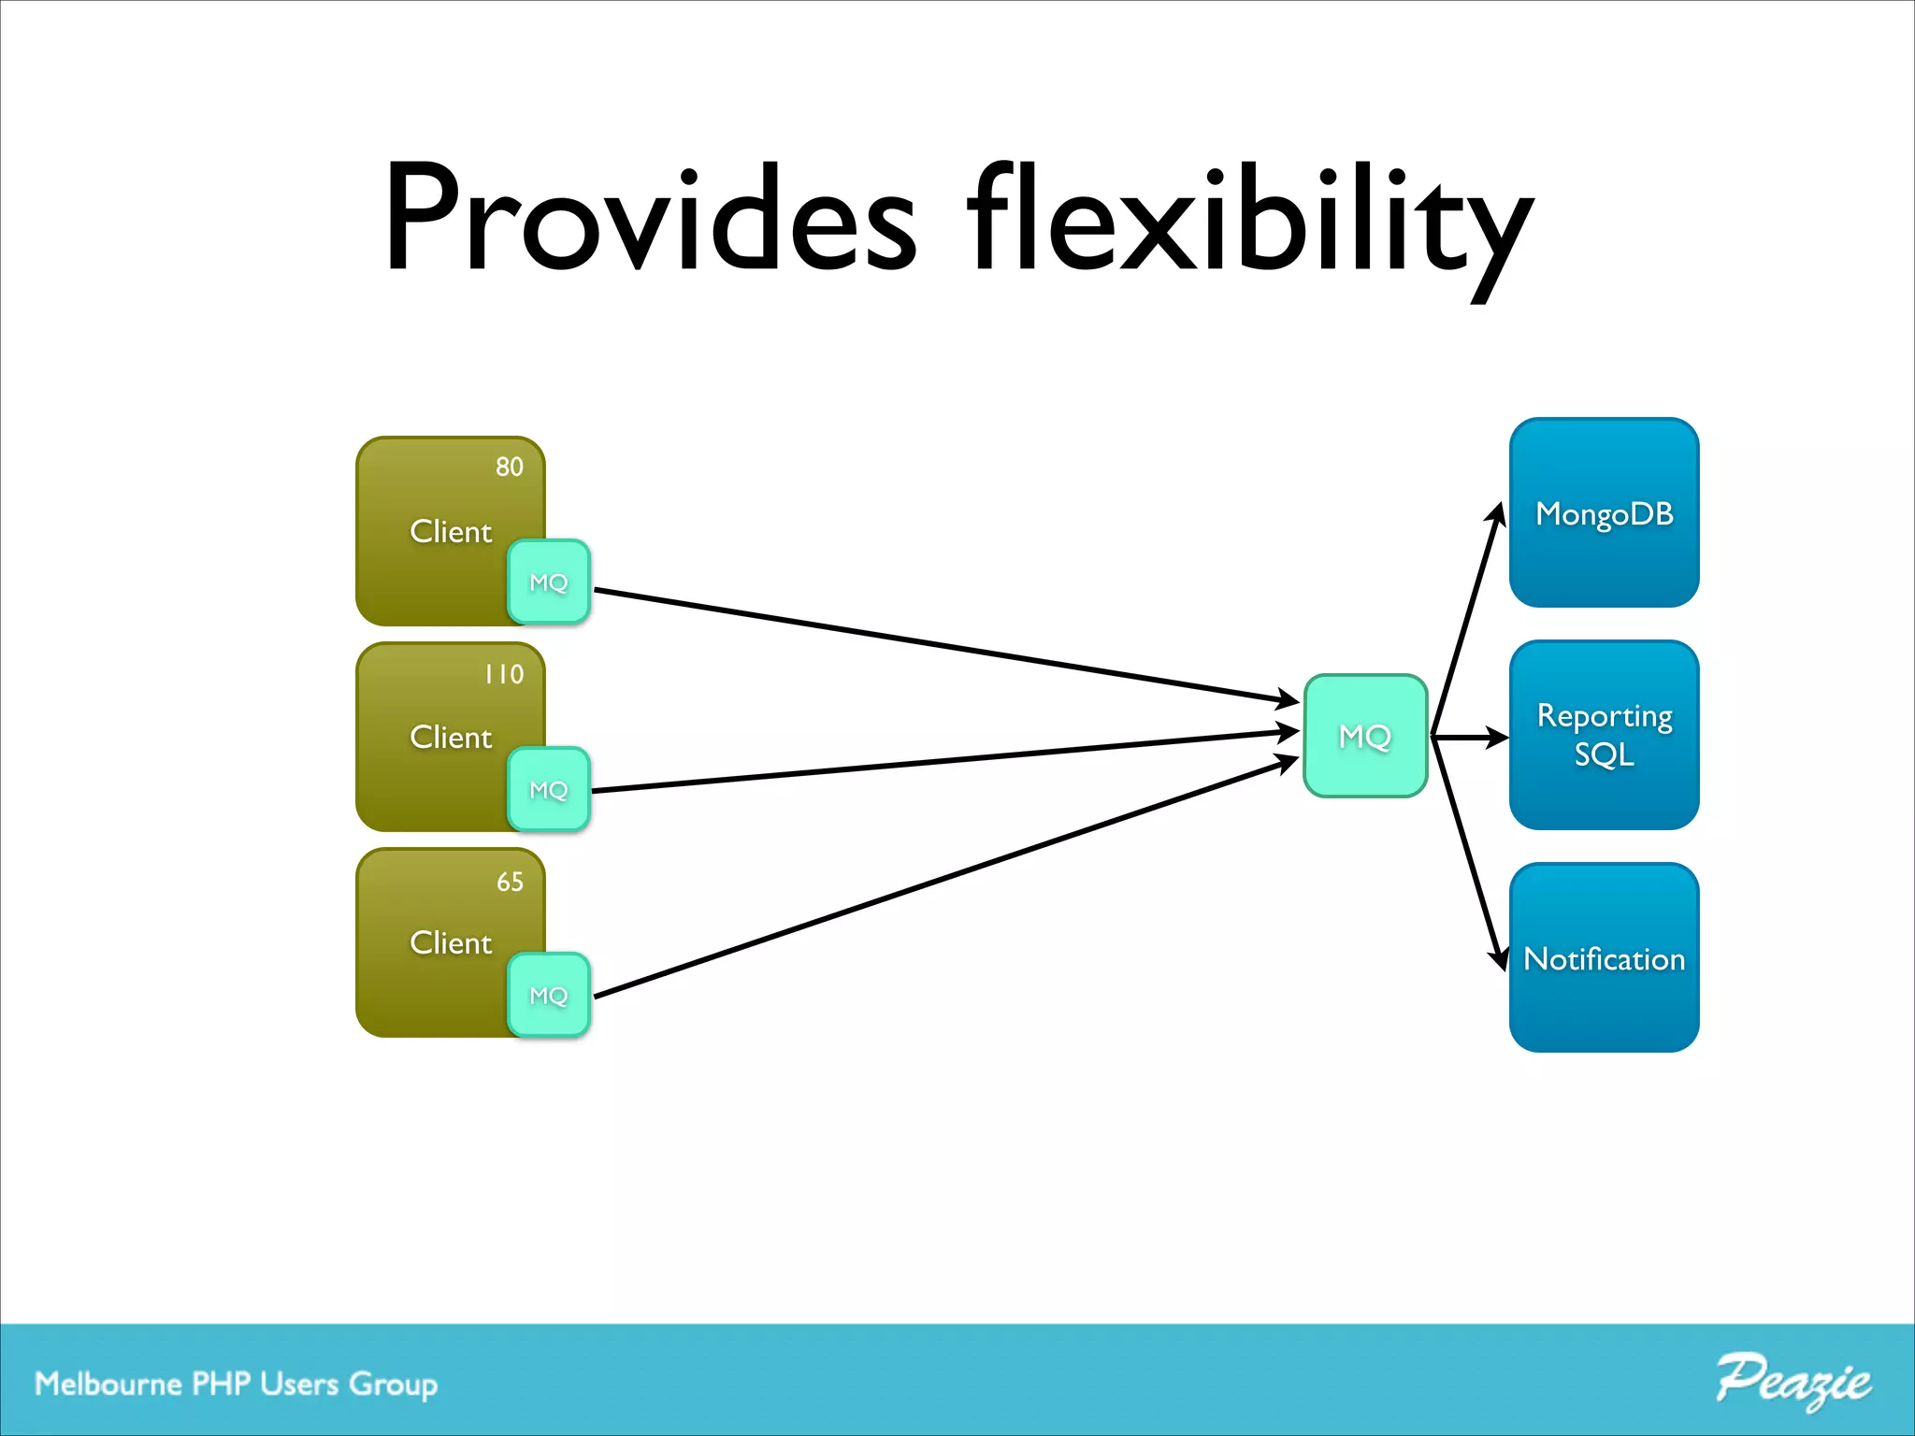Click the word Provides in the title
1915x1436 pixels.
[x=650, y=220]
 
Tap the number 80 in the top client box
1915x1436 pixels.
[x=509, y=467]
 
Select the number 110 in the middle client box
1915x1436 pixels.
[x=504, y=674]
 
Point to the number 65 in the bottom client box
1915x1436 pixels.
[x=510, y=882]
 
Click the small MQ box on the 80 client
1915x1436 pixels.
[x=549, y=582]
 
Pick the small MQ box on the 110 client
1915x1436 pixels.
[x=549, y=789]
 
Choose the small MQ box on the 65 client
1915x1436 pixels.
[x=549, y=995]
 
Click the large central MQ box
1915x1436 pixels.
[x=1365, y=736]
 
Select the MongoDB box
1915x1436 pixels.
[x=1604, y=512]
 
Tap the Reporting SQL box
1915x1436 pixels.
[x=1604, y=735]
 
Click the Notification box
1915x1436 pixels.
[x=1604, y=957]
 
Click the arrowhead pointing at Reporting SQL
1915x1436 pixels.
[x=1498, y=738]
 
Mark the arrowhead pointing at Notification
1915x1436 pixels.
[x=1498, y=959]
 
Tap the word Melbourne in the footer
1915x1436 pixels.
[x=108, y=1384]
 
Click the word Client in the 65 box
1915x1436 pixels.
[x=451, y=942]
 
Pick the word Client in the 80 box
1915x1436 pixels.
[x=451, y=531]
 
